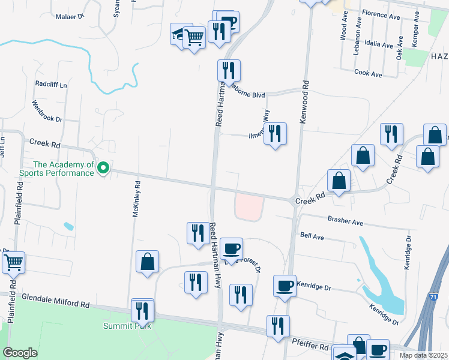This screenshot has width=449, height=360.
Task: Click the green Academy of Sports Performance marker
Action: [103, 168]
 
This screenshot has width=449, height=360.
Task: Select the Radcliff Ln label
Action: [51, 84]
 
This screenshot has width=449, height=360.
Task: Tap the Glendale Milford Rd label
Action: [55, 300]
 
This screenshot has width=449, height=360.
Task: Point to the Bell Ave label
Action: [312, 238]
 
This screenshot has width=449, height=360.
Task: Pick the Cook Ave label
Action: [369, 74]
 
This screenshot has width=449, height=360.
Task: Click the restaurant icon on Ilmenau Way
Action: [275, 133]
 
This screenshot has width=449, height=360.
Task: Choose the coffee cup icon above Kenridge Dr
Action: [285, 286]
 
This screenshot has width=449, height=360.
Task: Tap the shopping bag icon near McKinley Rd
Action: [147, 261]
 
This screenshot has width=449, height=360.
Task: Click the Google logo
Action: [20, 353]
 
